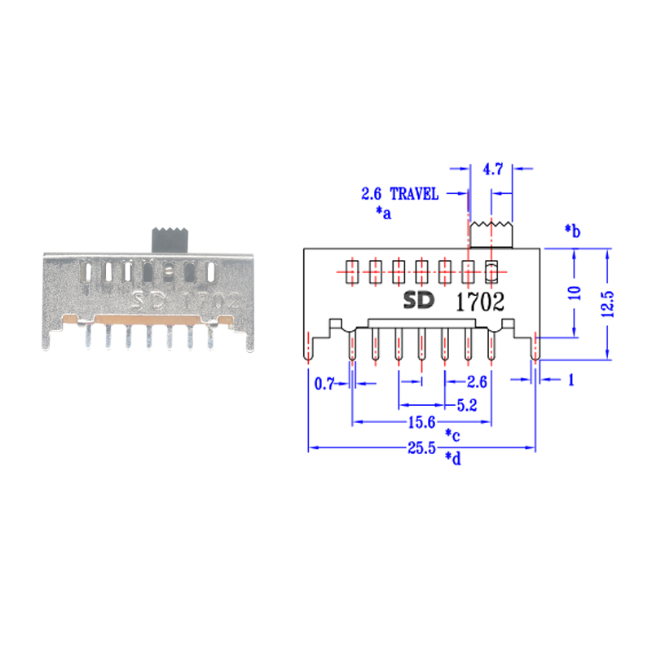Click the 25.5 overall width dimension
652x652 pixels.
[x=421, y=448]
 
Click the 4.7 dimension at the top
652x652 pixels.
[x=493, y=170]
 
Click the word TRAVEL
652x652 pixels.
[x=414, y=194]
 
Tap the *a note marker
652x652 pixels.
[x=383, y=213]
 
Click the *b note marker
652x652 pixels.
[x=572, y=231]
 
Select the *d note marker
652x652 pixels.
[x=453, y=459]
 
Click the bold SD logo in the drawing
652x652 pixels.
[x=421, y=301]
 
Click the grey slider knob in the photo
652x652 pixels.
[x=171, y=238]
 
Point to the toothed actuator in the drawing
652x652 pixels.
[x=491, y=234]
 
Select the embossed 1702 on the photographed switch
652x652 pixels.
[x=210, y=300]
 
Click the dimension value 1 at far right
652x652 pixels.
[x=570, y=381]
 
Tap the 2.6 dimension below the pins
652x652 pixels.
[x=478, y=381]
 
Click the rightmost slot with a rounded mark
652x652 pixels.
[x=491, y=271]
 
